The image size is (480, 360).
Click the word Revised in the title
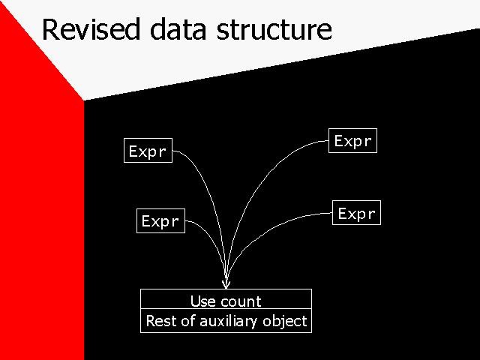(x=91, y=29)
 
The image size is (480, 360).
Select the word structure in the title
(x=274, y=30)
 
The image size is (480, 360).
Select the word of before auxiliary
(x=188, y=321)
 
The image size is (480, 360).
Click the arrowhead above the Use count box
(x=226, y=284)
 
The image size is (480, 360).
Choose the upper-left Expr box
(x=148, y=150)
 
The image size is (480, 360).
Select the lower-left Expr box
(x=160, y=220)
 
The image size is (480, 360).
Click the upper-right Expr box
(x=352, y=140)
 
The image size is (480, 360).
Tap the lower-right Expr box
(x=357, y=213)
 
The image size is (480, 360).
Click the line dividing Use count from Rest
(x=226, y=308)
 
